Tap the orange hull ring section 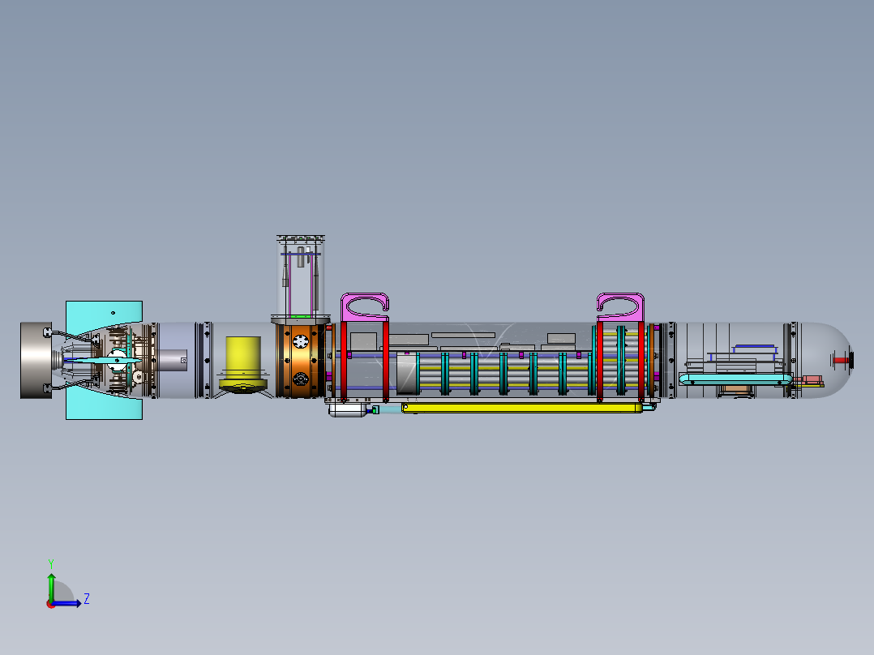tap(301, 360)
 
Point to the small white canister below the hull tap(348, 410)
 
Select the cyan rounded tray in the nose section tap(734, 379)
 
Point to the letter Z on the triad tap(86, 599)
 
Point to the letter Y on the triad tap(50, 563)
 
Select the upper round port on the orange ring tap(301, 340)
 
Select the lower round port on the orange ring tap(301, 379)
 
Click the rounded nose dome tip tap(848, 359)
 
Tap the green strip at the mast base tap(301, 315)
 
